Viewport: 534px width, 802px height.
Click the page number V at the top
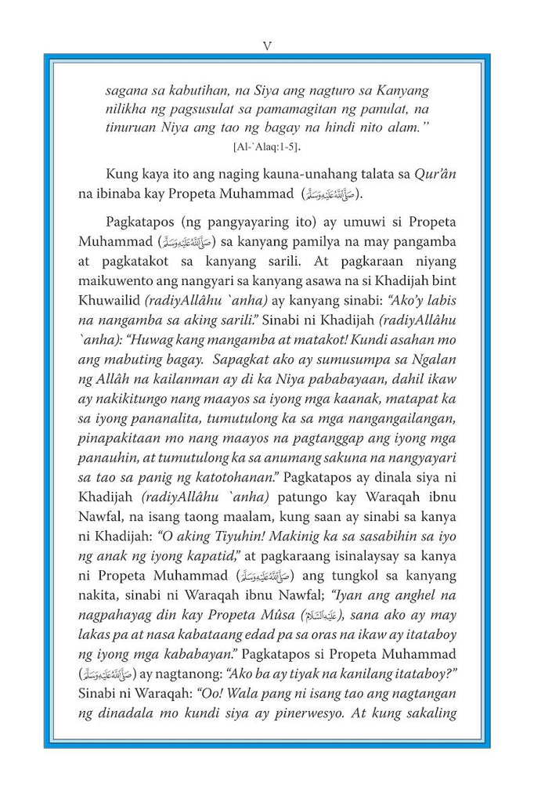tap(267, 45)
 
